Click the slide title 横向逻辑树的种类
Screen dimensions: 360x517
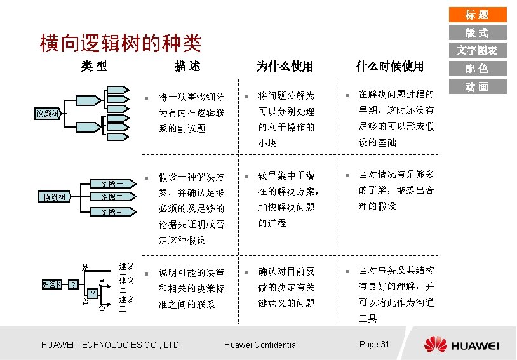[121, 43]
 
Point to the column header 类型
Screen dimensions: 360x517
[93, 66]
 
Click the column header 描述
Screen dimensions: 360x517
[187, 66]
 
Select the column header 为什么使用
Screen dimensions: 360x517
[285, 66]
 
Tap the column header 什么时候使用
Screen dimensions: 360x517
[389, 66]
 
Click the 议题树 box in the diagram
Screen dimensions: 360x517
[47, 114]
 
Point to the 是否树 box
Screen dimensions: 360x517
[51, 284]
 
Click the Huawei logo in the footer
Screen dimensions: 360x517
[462, 345]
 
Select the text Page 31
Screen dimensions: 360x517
[374, 344]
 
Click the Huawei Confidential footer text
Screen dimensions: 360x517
[261, 345]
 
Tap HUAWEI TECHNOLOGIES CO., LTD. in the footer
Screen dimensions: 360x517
[111, 345]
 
